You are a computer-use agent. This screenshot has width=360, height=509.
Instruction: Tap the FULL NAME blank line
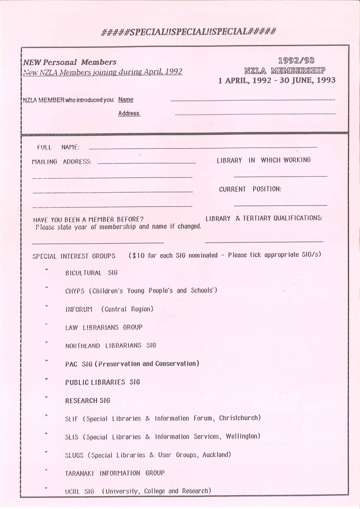[203, 148]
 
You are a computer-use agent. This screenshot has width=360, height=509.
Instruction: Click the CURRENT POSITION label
[250, 189]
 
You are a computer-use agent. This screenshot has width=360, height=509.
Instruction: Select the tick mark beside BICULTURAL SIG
[46, 270]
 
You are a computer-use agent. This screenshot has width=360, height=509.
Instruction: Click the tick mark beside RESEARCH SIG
[46, 397]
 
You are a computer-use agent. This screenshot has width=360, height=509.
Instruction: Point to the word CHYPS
[75, 291]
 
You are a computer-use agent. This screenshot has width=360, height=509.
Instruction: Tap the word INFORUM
[78, 309]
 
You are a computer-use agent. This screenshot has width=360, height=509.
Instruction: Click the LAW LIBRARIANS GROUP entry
[104, 327]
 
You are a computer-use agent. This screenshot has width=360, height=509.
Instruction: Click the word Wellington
[243, 436]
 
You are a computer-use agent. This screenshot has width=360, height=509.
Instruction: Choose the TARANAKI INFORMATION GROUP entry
[114, 473]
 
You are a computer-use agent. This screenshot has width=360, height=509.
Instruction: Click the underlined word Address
[129, 113]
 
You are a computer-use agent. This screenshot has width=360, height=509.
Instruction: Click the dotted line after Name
[252, 100]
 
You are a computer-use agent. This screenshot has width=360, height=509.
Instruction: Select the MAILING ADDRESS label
[62, 162]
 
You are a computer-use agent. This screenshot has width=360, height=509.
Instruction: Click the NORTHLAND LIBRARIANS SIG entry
[111, 346]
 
